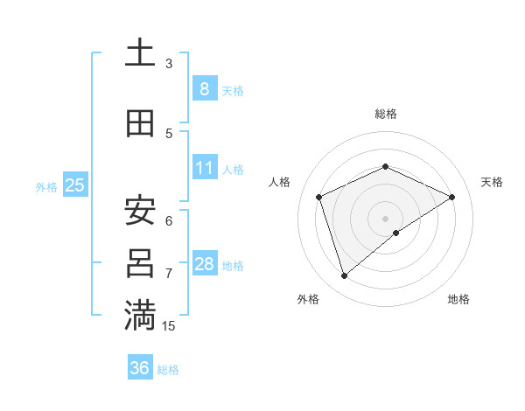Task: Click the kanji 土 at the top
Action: (x=139, y=53)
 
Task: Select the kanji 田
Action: (x=139, y=123)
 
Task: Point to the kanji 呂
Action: (x=139, y=262)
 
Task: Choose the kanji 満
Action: (x=139, y=315)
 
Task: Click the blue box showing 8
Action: (x=204, y=89)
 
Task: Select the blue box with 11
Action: (x=204, y=168)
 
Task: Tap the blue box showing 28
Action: (x=204, y=264)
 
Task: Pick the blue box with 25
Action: (x=74, y=185)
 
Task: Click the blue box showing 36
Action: (x=139, y=368)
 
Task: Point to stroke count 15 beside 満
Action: (x=169, y=326)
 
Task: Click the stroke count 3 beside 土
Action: (x=169, y=64)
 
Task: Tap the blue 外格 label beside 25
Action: (x=45, y=186)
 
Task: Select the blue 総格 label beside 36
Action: (x=168, y=370)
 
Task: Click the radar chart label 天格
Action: (x=492, y=182)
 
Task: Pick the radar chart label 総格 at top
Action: (x=385, y=114)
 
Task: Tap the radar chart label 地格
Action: (x=458, y=299)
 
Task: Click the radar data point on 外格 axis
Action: (x=344, y=276)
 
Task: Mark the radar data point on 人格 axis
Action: (x=319, y=197)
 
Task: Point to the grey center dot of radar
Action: (x=385, y=219)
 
